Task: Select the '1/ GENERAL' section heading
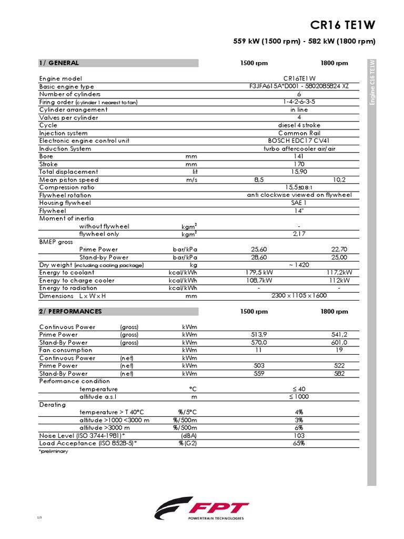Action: pos(59,63)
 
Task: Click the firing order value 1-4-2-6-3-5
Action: pos(299,102)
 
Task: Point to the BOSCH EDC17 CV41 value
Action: pos(299,141)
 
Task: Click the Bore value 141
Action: pos(299,156)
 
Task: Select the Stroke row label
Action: pos(48,164)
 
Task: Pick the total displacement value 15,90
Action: pos(299,172)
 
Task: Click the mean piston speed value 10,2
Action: pos(339,180)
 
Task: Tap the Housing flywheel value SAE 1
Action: pos(299,203)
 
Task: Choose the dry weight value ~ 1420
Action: pos(299,265)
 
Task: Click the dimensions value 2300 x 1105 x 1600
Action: pos(299,296)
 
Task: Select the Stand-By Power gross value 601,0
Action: pos(339,343)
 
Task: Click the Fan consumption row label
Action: pos(66,350)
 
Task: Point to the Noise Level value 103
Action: pos(299,436)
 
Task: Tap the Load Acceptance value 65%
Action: pos(299,444)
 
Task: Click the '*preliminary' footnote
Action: pos(54,452)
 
